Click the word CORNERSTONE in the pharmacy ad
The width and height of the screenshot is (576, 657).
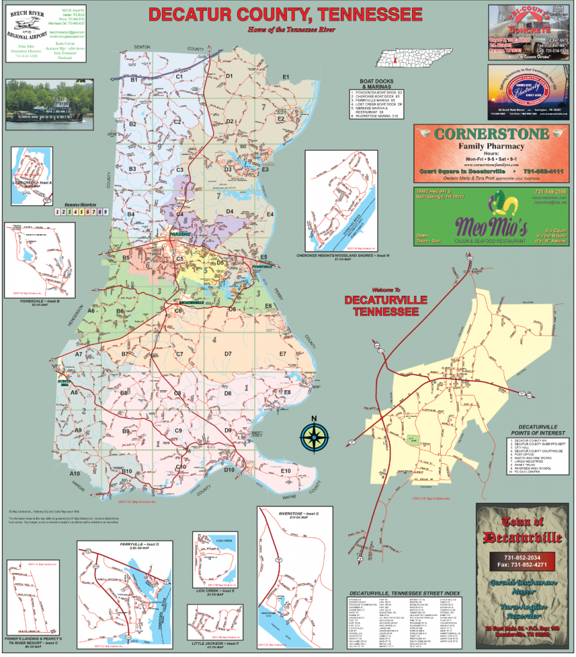[491, 134]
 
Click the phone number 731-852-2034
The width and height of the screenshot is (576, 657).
[522, 558]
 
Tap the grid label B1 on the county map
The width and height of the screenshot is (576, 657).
[135, 80]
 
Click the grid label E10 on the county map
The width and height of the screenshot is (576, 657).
[286, 472]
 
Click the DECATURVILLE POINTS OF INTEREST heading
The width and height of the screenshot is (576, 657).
[529, 429]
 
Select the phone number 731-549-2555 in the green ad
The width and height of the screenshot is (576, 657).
[550, 192]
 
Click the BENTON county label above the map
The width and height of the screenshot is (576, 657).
[141, 47]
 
